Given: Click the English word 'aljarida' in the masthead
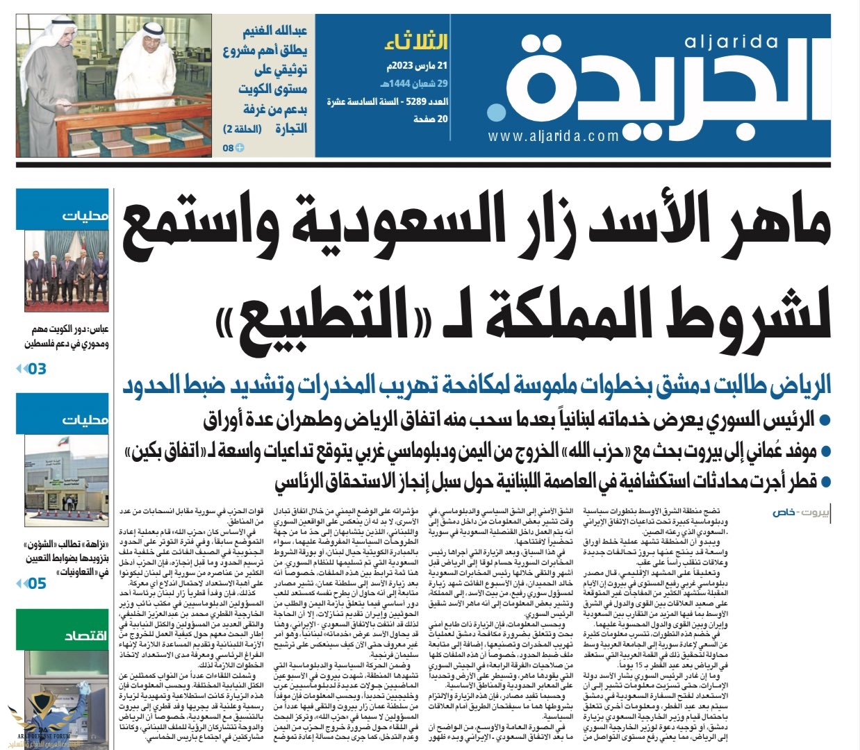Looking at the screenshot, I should coord(731,42).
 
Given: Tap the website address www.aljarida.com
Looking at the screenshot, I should coord(553,137).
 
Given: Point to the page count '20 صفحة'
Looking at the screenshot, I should coord(431,119).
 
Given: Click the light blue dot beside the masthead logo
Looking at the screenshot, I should coord(496,113).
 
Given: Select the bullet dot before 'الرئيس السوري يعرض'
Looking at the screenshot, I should coord(825,420).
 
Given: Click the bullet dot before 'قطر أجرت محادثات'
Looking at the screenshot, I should coord(825,481).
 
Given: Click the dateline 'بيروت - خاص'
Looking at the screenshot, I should coord(799,512).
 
